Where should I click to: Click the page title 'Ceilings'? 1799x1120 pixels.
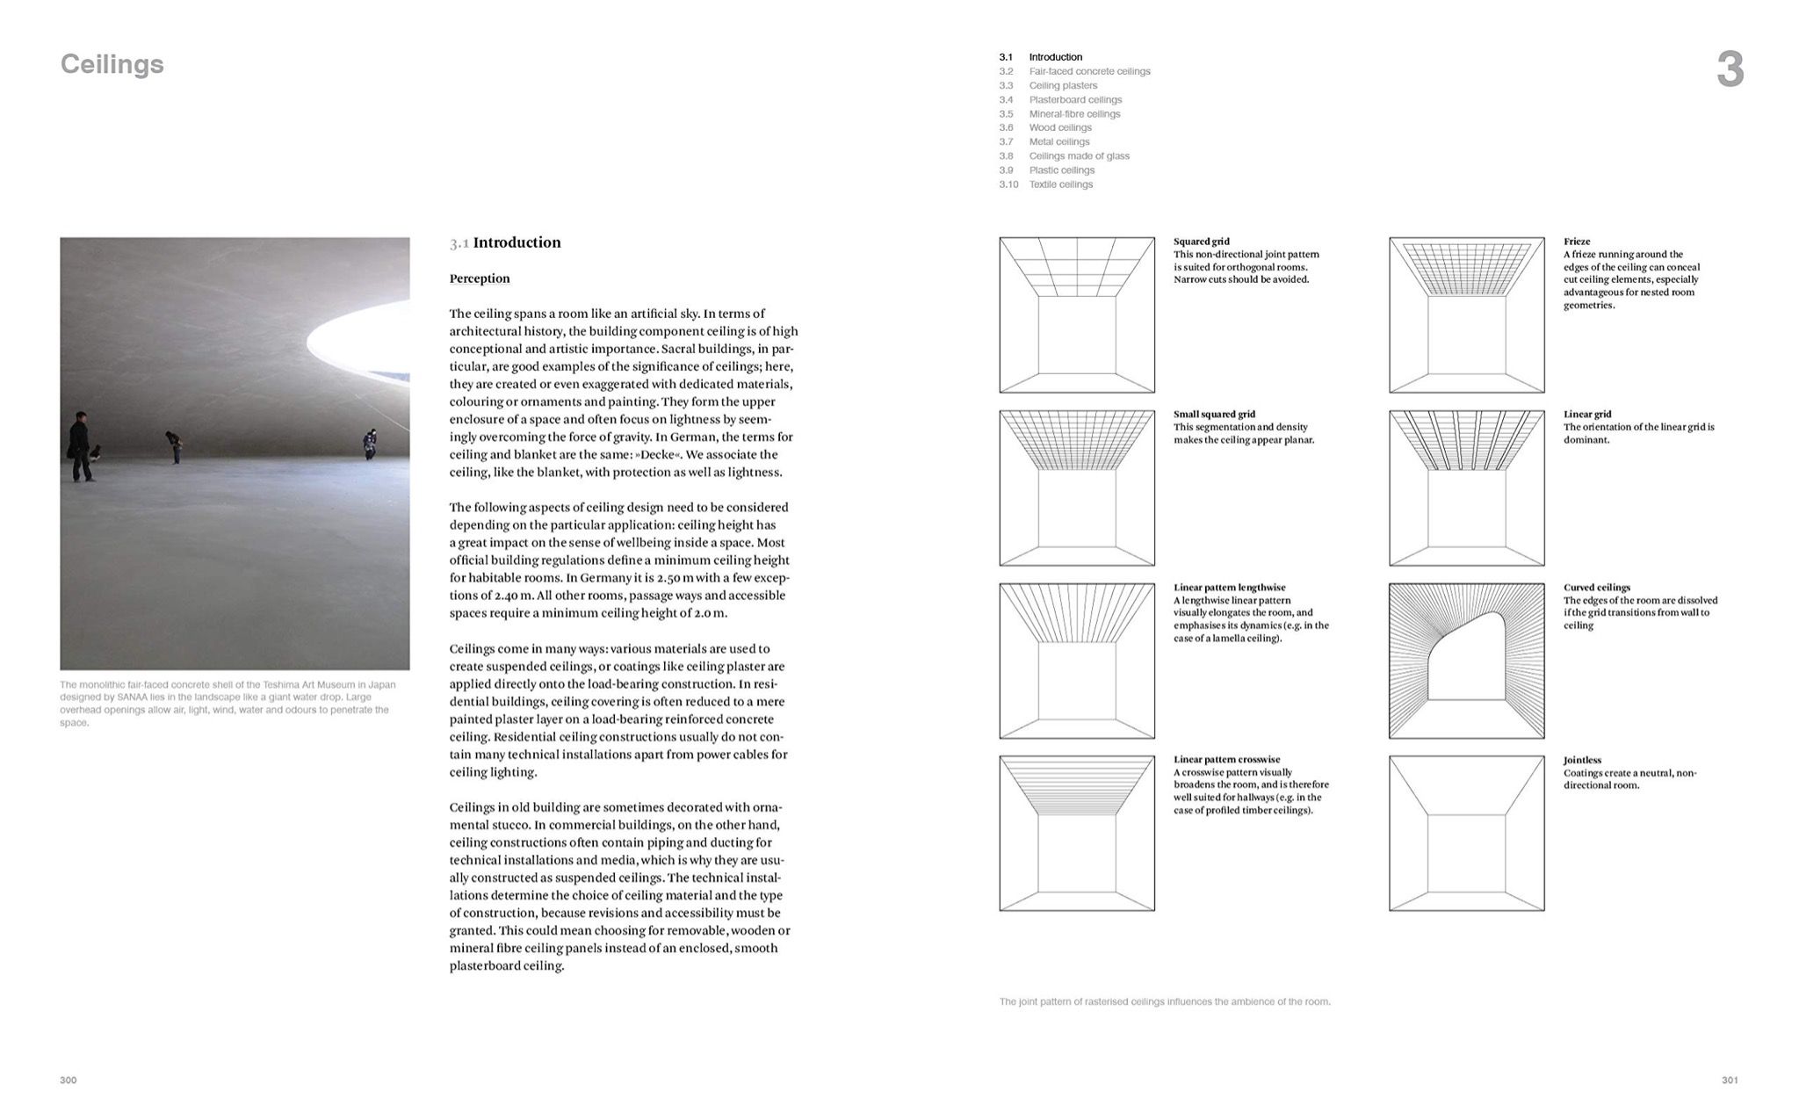(112, 64)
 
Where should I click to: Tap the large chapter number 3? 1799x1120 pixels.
(1729, 69)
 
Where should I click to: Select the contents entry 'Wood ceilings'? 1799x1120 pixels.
(1060, 127)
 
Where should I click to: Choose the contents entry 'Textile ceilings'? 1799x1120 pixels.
(1060, 184)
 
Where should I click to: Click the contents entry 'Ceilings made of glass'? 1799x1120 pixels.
(1079, 156)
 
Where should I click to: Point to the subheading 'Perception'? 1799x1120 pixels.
(480, 278)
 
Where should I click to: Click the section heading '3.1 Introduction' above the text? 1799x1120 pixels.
(505, 242)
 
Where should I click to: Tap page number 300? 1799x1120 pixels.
(69, 1080)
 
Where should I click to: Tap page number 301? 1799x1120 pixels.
(1729, 1080)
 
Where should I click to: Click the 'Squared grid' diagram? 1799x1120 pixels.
(1076, 314)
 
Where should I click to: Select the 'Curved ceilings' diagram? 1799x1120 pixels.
(1466, 661)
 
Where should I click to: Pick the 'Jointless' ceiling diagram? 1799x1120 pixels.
(1466, 833)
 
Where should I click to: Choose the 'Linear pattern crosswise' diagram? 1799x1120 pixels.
(1076, 833)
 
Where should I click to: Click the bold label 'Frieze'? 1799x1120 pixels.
(1577, 242)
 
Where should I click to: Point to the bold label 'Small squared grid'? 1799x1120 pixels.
(1214, 415)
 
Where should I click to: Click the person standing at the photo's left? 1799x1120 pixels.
(81, 446)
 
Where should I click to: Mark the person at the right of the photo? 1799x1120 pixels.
(371, 444)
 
